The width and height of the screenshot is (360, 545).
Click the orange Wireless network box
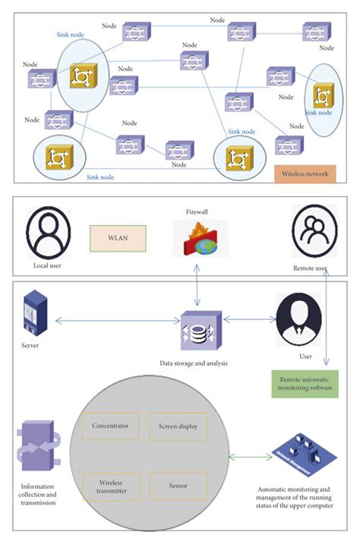(x=305, y=173)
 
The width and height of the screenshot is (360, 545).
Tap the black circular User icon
(x=298, y=319)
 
